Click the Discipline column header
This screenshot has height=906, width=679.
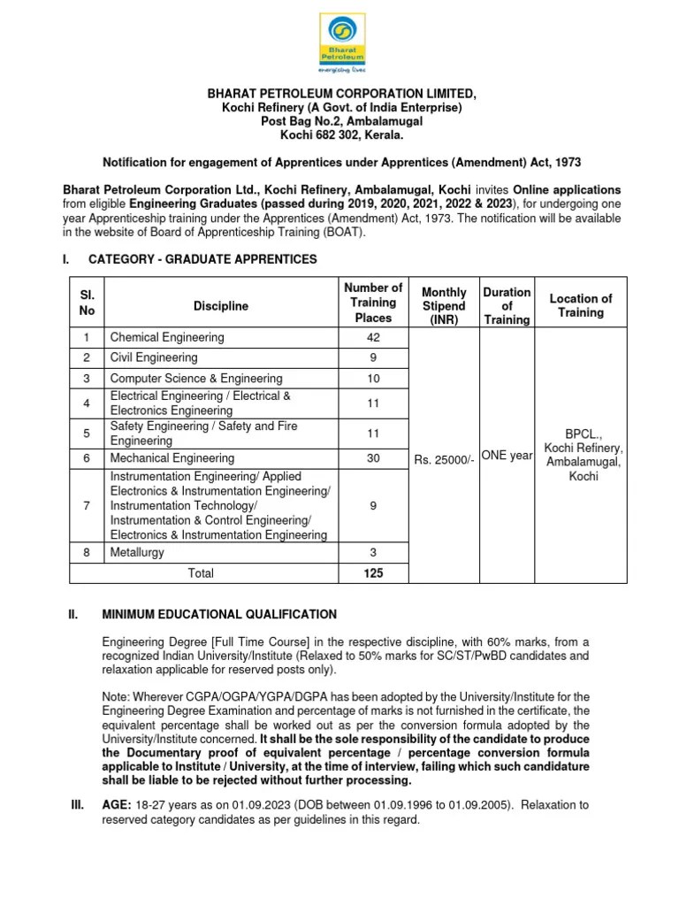tap(221, 306)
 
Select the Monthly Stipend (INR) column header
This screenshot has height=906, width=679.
tap(443, 306)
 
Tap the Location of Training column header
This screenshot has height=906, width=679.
tap(580, 306)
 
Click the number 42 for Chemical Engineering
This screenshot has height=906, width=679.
tap(372, 337)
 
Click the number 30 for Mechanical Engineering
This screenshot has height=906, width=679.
tap(372, 458)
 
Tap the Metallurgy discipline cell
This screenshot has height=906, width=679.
tap(137, 552)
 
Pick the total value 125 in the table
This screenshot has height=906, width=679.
tap(372, 573)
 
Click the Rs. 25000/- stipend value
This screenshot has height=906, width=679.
tap(445, 459)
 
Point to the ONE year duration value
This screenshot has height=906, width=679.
tap(507, 456)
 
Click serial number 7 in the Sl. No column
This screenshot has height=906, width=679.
tap(87, 505)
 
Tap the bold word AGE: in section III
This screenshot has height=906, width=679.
tap(119, 805)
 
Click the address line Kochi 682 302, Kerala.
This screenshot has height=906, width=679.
tap(340, 134)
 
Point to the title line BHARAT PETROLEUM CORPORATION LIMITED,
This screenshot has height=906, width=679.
tap(340, 94)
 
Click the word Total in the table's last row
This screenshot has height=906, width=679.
tap(201, 573)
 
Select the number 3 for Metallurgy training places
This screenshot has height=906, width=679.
tap(372, 552)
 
